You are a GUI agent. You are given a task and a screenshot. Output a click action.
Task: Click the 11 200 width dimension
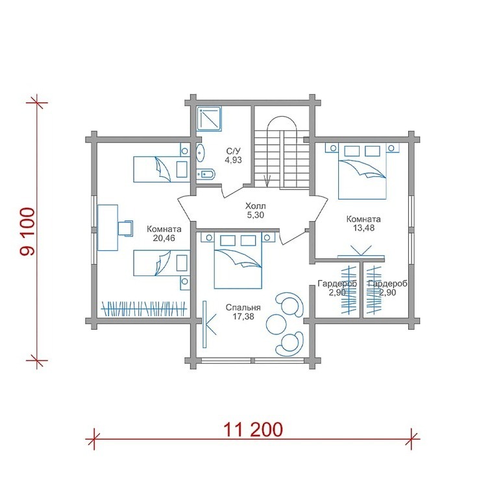253,430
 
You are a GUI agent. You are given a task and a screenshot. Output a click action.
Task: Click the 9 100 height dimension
27,231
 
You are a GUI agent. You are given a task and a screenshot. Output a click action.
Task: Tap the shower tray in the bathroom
209,119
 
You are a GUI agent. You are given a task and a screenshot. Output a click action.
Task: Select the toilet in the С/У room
206,174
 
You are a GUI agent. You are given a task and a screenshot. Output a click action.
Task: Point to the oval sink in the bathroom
201,153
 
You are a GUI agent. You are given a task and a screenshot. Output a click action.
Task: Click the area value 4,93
233,160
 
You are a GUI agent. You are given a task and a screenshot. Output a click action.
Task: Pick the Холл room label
256,206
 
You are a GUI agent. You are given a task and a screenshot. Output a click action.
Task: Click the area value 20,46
164,239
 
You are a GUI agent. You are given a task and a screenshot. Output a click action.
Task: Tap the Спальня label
243,308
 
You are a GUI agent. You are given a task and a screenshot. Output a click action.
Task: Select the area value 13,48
363,228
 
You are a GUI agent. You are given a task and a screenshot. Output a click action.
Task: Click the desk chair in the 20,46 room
125,227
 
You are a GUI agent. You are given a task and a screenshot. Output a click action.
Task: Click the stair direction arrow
267,181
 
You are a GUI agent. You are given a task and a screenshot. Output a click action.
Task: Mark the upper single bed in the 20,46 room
162,169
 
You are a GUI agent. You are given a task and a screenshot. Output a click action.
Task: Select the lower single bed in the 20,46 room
162,263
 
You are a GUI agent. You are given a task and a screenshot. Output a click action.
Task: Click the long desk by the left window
108,227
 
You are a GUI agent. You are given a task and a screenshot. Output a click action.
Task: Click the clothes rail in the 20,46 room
144,309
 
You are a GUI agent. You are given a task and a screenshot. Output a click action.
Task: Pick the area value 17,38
243,317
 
